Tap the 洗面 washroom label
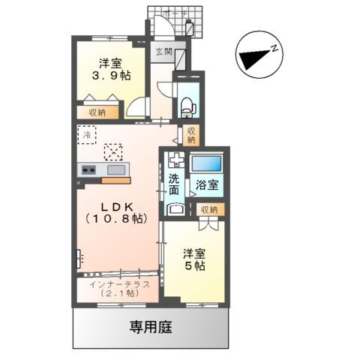coord(174,185)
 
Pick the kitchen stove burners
coord(88,169)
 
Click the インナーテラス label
coord(119,284)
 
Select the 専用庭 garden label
coord(148,328)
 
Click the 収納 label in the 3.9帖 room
coord(97,112)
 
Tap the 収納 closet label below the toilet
coord(191,135)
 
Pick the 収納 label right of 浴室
coord(209,209)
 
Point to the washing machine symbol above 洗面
coord(175,160)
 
